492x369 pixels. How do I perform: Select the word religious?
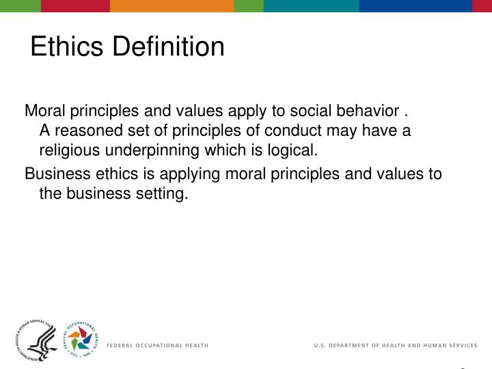[x=68, y=150]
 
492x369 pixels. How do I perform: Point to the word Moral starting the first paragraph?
[x=43, y=110]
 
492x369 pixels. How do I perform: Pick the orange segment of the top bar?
[x=172, y=5]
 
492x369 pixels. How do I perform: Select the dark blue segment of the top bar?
[x=415, y=5]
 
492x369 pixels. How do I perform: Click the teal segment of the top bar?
[x=311, y=5]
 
